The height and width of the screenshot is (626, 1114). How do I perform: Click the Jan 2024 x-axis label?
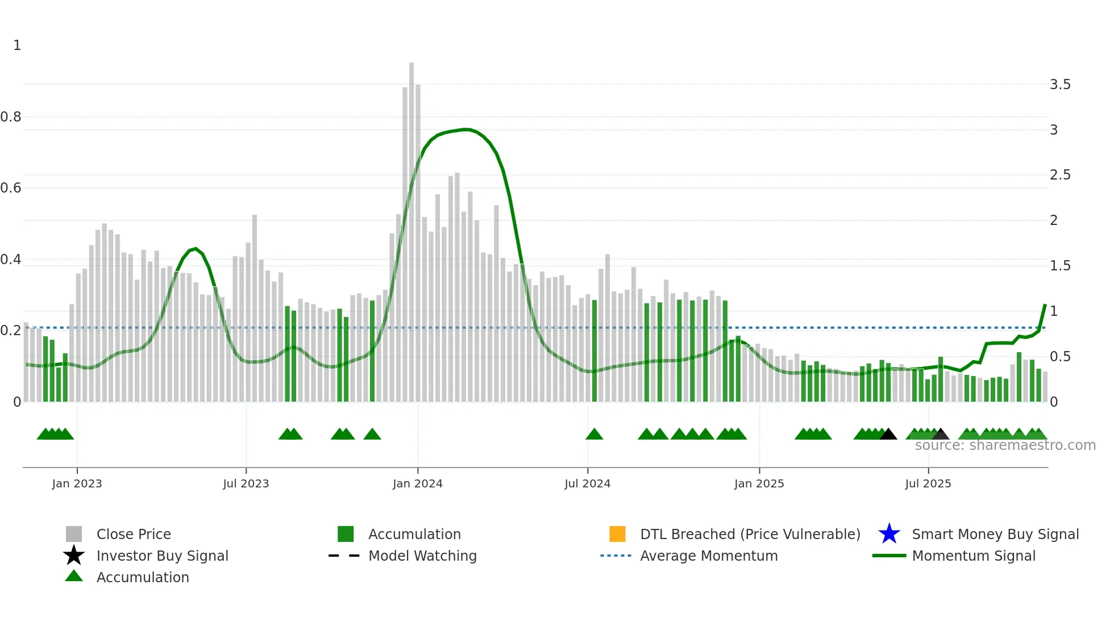(417, 483)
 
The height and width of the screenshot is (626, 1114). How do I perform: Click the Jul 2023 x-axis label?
(246, 483)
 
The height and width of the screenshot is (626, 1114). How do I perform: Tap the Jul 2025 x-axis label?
(928, 483)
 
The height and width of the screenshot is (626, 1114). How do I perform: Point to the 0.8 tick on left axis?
(11, 117)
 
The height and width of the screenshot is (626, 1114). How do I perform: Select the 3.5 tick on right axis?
(1060, 85)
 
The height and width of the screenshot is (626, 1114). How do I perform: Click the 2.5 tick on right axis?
(1060, 175)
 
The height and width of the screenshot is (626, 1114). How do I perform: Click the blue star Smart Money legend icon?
(889, 534)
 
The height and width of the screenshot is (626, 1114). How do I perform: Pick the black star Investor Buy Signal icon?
(74, 556)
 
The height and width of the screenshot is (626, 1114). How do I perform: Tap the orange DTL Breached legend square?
(617, 534)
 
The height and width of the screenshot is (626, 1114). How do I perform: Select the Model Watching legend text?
(422, 556)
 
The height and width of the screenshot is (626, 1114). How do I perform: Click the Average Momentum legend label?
(709, 556)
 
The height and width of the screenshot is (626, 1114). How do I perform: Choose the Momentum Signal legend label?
(974, 556)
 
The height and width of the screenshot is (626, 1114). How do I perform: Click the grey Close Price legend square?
(74, 534)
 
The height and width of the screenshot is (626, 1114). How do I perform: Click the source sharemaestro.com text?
(1005, 445)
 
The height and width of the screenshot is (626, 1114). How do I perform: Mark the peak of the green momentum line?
(466, 130)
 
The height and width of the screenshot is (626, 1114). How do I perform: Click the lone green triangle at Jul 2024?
(594, 435)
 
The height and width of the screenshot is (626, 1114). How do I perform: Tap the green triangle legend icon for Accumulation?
(74, 577)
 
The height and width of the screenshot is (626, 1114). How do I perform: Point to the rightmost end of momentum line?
(1045, 305)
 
